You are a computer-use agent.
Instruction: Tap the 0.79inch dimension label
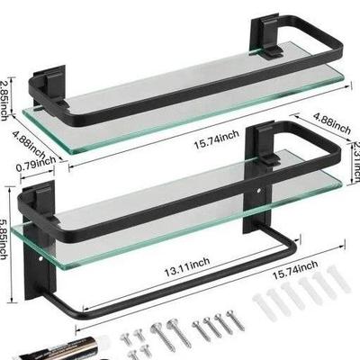point(36,165)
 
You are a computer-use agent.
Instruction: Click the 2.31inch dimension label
point(356,161)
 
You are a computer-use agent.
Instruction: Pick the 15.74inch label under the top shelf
point(217,139)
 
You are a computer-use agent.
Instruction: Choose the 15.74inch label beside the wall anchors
point(295,270)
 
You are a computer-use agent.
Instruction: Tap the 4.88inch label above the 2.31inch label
point(331,123)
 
